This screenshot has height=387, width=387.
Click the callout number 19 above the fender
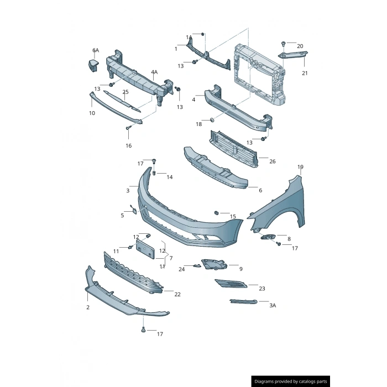(x=300, y=166)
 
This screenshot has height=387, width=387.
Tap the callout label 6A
(x=96, y=50)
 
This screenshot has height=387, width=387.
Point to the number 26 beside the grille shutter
(x=272, y=161)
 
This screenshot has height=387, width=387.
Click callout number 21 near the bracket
(x=305, y=73)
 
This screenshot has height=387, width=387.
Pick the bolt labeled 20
(x=284, y=43)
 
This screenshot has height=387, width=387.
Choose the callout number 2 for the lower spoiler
(x=87, y=307)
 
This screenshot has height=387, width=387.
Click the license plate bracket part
(x=145, y=246)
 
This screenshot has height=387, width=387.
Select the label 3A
(x=273, y=305)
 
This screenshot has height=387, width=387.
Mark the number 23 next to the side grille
(x=262, y=288)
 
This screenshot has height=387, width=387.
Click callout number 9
(x=240, y=269)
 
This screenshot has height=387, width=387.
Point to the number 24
(x=181, y=269)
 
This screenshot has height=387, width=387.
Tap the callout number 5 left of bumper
(x=122, y=215)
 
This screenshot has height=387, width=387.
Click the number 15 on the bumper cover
(x=233, y=216)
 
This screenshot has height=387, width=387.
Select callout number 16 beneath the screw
(x=128, y=145)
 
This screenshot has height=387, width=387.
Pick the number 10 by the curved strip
(x=92, y=113)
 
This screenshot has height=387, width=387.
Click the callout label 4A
(x=154, y=72)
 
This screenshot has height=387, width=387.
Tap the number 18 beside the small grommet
(x=198, y=124)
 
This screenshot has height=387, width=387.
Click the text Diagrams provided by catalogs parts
(x=290, y=381)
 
